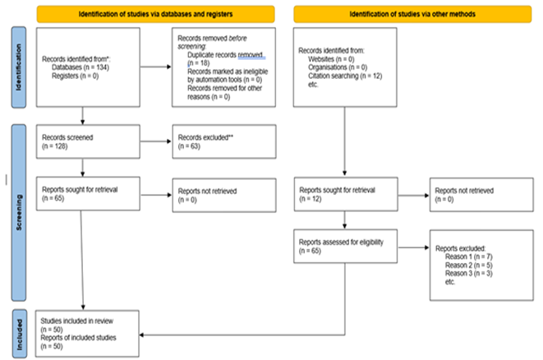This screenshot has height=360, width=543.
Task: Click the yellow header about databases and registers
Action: tap(156, 14)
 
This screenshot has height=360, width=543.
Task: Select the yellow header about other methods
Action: tap(412, 14)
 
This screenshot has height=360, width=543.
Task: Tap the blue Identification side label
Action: tap(19, 67)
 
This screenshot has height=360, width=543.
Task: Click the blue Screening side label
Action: tap(19, 212)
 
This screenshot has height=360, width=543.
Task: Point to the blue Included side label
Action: tap(20, 334)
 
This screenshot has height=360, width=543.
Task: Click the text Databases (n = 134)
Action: tap(81, 67)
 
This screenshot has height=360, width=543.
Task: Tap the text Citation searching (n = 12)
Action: tap(345, 76)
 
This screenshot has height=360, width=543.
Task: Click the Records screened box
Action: tap(88, 141)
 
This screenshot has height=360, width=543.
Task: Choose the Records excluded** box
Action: tap(224, 141)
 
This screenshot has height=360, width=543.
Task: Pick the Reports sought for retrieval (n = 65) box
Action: tap(88, 194)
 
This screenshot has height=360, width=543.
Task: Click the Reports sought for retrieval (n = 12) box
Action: tap(346, 194)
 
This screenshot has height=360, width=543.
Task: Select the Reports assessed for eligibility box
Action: tap(345, 247)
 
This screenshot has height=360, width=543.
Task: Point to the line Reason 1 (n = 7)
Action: tap(468, 256)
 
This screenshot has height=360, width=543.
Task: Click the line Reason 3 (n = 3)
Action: tap(468, 274)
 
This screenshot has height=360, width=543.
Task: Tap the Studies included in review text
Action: tap(77, 321)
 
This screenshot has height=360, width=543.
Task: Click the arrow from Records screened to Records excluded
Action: tap(156, 141)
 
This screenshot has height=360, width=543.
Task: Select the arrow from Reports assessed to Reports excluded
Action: tap(413, 247)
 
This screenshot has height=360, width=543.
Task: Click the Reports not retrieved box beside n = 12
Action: tap(481, 195)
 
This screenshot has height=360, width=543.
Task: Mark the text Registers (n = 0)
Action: tap(75, 76)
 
